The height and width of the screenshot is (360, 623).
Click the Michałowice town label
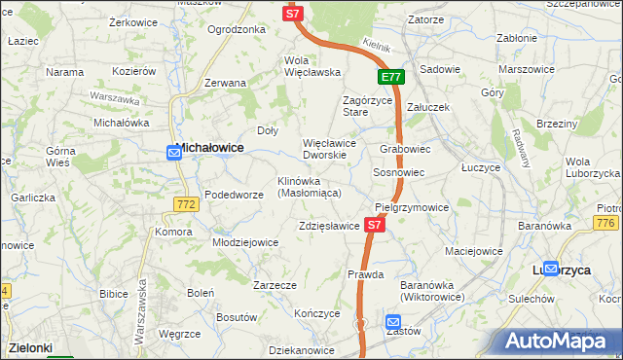click(209, 148)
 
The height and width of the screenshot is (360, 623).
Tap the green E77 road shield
click(391, 77)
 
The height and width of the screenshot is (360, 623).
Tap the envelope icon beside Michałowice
click(173, 152)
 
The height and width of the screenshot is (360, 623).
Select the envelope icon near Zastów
click(392, 322)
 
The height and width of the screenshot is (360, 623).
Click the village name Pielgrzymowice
click(412, 207)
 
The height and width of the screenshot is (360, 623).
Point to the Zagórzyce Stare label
click(369, 106)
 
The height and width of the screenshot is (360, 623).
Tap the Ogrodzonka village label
click(237, 29)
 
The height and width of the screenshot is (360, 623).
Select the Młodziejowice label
click(246, 243)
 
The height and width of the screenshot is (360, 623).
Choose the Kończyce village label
click(316, 313)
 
